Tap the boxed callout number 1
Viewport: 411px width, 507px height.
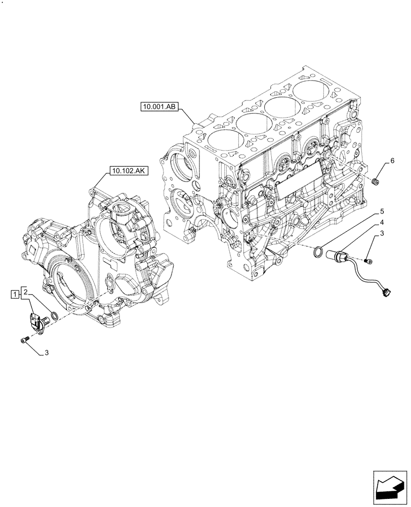pyautogui.click(x=16, y=294)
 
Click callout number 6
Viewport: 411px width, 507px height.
pyautogui.click(x=392, y=162)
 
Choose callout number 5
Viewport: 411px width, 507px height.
pyautogui.click(x=383, y=210)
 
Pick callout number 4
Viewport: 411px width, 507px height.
pyautogui.click(x=383, y=223)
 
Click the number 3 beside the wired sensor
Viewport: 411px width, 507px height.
pyautogui.click(x=383, y=234)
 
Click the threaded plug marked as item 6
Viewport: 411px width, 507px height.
pyautogui.click(x=375, y=182)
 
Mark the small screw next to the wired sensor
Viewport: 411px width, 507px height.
pyautogui.click(x=369, y=261)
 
